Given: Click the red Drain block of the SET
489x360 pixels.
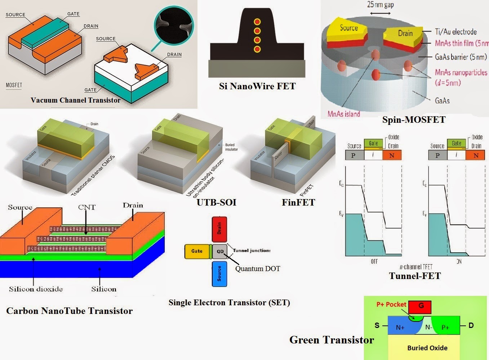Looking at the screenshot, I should (219, 229).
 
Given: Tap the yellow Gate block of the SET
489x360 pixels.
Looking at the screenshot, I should (197, 251).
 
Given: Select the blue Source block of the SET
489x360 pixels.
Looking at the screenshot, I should (219, 274).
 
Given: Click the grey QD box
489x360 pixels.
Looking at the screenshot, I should (220, 251).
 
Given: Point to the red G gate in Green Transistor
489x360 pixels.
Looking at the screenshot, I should (421, 307).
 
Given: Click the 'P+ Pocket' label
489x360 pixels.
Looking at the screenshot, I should (391, 305).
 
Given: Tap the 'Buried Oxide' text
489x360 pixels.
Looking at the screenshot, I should (427, 348).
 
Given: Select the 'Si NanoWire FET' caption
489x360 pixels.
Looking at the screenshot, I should (257, 86).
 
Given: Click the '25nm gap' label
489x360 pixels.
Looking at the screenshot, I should (380, 5).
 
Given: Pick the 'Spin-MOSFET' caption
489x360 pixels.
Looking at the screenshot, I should (414, 120).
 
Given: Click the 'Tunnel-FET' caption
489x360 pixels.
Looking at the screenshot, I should (415, 276).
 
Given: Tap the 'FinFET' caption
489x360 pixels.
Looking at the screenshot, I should (298, 202).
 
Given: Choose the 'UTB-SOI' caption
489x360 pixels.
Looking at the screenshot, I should (216, 202).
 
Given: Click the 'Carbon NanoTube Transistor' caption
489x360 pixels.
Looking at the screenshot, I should (70, 311).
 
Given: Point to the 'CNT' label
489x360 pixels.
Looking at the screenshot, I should (87, 207).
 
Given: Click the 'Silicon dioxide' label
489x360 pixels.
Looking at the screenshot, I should (36, 289).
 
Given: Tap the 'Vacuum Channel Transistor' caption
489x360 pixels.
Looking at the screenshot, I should (75, 100).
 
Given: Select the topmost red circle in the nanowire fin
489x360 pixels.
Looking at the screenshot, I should (257, 22).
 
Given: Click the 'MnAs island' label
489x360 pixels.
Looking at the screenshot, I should (344, 114).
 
